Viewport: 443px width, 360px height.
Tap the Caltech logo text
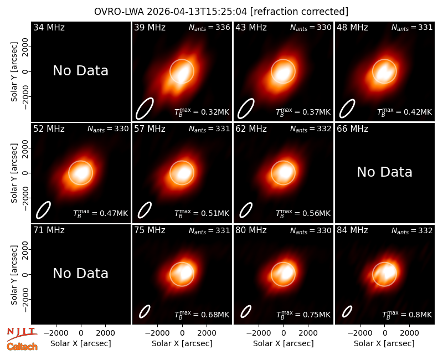point(22,347)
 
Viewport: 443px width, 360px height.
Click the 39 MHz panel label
point(150,27)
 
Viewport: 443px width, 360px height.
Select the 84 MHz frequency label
point(352,230)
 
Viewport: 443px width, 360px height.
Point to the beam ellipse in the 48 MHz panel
point(347,109)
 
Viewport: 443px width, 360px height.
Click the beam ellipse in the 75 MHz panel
point(145,312)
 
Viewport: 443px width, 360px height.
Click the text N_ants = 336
point(209,27)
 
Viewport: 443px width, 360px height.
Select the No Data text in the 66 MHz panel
point(384,172)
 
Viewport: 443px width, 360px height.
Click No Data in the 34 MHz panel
point(80,71)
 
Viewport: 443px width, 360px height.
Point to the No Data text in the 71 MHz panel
point(80,273)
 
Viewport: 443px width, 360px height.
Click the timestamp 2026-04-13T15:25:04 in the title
point(197,12)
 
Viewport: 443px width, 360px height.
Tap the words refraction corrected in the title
point(299,12)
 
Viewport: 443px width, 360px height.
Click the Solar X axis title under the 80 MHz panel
point(284,343)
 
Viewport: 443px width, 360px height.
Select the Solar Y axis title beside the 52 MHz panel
point(14,173)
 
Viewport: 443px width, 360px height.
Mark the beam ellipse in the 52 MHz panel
point(43,210)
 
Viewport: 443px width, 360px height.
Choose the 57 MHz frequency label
point(150,129)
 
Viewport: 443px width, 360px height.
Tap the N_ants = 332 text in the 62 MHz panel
point(311,129)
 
